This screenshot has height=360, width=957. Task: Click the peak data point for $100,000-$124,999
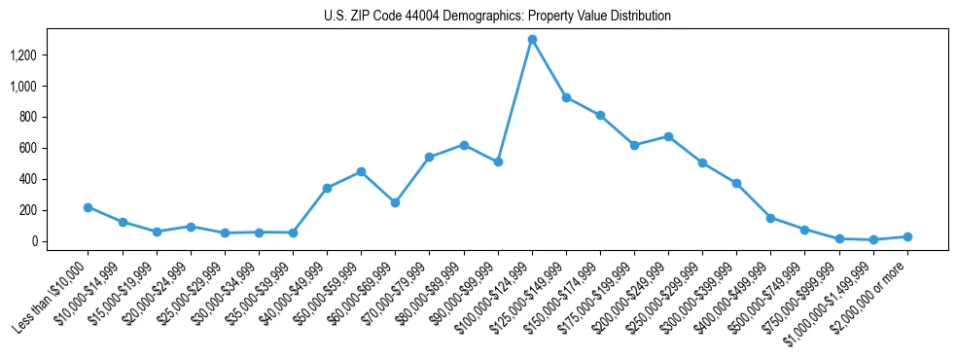coord(532,40)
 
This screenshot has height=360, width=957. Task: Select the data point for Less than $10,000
coord(88,207)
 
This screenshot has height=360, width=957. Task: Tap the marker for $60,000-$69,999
coord(395,202)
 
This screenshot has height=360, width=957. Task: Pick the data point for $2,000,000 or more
coord(907,236)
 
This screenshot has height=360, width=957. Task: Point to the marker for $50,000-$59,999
coord(361,171)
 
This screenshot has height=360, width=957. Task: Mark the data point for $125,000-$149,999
coord(566,97)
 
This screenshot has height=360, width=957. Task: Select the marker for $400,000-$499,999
coord(770,218)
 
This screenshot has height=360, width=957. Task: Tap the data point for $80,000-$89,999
coord(464,145)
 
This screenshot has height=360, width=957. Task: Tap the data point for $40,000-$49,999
coord(327,188)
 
